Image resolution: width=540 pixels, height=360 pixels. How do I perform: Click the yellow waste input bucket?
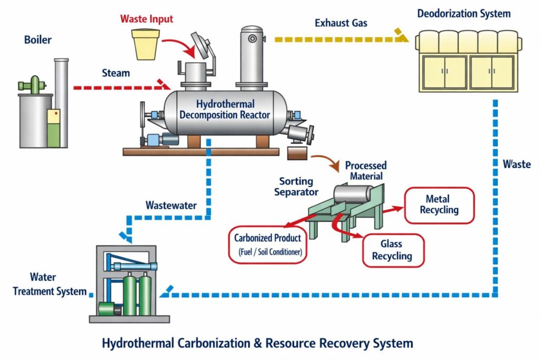tap(145, 44)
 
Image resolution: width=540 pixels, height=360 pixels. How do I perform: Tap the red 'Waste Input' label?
tap(147, 20)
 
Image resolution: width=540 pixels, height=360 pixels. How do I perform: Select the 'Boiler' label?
tap(38, 40)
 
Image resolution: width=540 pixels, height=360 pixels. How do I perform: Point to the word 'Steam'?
tap(116, 73)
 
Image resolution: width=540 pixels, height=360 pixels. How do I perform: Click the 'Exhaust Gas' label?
tap(341, 23)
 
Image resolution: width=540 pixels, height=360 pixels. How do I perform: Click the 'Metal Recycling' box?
tap(439, 205)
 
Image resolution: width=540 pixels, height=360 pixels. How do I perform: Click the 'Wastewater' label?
tap(171, 205)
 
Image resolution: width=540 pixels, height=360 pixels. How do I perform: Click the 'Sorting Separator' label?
tap(296, 187)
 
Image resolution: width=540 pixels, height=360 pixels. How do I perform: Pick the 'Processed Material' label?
tap(365, 171)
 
